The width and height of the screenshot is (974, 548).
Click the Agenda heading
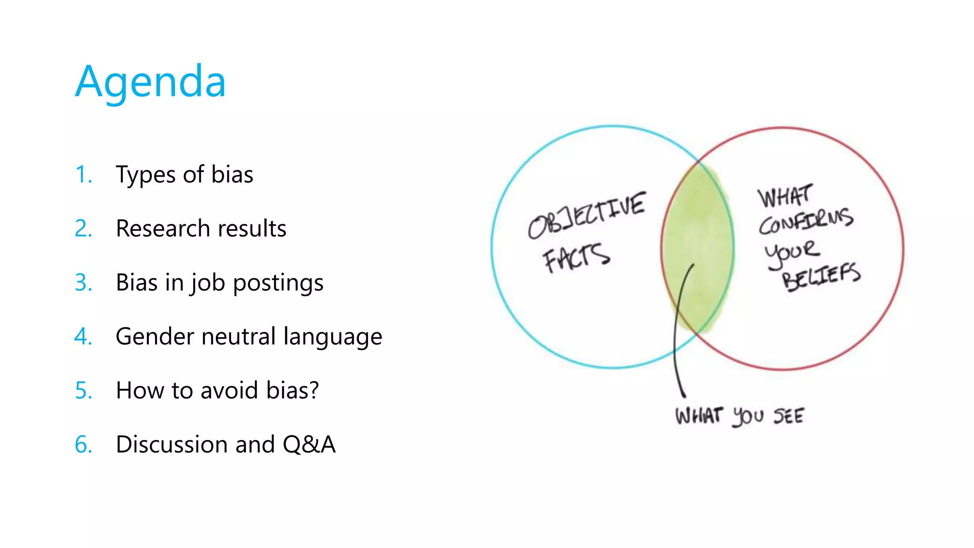(150, 82)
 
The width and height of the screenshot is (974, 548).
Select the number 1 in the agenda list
(82, 175)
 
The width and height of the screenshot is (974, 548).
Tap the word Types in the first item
(146, 175)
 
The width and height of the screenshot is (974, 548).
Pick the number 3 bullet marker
(83, 283)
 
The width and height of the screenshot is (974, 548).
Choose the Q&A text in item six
(309, 445)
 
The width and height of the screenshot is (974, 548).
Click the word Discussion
(172, 445)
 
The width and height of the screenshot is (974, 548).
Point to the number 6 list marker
(83, 445)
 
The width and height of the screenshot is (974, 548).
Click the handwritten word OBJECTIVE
(587, 215)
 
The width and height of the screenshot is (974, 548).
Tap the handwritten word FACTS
(576, 258)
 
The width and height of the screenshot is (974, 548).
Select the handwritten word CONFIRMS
(806, 221)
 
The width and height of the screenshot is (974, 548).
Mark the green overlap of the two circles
(697, 247)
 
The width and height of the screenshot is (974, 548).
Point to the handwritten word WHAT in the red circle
(785, 196)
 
